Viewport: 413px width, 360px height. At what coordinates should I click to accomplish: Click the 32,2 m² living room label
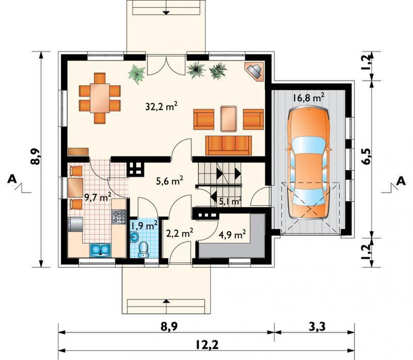point(161,106)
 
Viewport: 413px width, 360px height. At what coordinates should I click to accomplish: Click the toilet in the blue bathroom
point(144,250)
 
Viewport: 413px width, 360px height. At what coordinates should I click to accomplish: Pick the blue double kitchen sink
point(100,250)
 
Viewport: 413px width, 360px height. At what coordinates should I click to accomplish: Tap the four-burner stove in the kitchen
point(119,217)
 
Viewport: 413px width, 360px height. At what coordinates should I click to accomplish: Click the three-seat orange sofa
point(229,145)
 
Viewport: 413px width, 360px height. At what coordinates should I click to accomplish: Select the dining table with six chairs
point(100,98)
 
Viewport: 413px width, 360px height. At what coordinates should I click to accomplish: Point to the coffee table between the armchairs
point(229,119)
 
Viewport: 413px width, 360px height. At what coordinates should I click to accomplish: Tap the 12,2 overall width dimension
point(208,345)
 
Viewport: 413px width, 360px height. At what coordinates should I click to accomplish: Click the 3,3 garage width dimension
point(316,326)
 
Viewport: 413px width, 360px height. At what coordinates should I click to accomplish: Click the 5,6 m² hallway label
point(169,181)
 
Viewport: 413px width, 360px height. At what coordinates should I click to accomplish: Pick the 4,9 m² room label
point(232,234)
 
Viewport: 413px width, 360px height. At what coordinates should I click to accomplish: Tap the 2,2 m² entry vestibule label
point(180,233)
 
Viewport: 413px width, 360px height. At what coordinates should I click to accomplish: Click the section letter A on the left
point(12,179)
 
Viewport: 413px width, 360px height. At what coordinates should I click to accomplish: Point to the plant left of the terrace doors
point(137,74)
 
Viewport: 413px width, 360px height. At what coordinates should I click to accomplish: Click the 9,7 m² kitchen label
point(98,197)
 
